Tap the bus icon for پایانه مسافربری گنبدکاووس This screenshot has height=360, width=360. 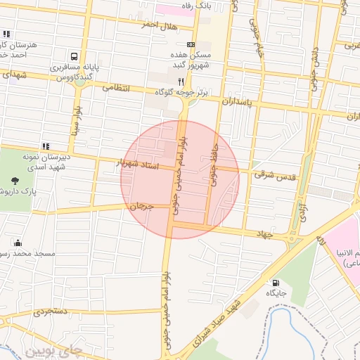click(74, 56)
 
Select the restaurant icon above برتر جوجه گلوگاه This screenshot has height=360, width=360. click(181, 81)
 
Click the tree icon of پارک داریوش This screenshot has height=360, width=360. click(16, 182)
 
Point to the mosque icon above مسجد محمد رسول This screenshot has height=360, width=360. click(18, 243)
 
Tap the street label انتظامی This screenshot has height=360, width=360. click(117, 88)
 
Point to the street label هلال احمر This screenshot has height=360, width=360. click(157, 25)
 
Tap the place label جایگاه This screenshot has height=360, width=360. click(273, 295)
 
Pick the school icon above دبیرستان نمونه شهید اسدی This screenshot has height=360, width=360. click(46, 146)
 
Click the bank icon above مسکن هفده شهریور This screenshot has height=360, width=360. click(181, 44)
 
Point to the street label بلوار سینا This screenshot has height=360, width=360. click(75, 120)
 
